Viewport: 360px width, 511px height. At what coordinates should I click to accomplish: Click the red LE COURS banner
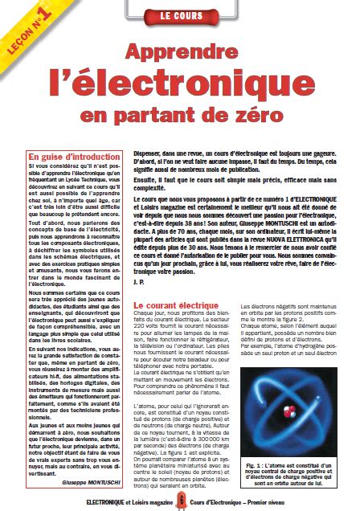tap(179, 15)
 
